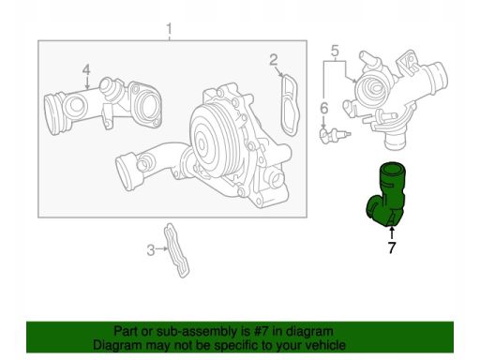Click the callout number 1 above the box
point(169,29)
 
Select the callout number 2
point(274,60)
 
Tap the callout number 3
point(151,250)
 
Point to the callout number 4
point(86,69)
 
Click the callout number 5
point(335,51)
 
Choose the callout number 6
point(324,108)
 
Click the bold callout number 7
point(392,247)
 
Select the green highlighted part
point(386,194)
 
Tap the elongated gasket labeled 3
point(177,250)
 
